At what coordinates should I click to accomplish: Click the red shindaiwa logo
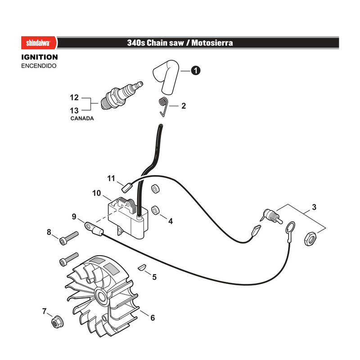pyautogui.click(x=39, y=43)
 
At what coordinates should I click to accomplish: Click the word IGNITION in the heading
pyautogui.click(x=40, y=57)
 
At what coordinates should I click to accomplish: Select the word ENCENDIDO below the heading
pyautogui.click(x=39, y=66)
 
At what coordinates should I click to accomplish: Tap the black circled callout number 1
pyautogui.click(x=196, y=70)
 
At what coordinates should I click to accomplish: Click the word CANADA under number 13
pyautogui.click(x=82, y=118)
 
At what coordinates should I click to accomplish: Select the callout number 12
pyautogui.click(x=74, y=98)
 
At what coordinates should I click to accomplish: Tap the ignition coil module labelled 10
pyautogui.click(x=128, y=217)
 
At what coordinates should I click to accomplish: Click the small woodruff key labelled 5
pyautogui.click(x=141, y=267)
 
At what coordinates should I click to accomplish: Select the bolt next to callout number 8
pyautogui.click(x=69, y=238)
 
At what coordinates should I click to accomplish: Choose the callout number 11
pyautogui.click(x=111, y=178)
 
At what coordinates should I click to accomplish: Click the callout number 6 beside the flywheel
pyautogui.click(x=153, y=318)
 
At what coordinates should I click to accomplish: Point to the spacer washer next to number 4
pyautogui.click(x=156, y=210)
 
